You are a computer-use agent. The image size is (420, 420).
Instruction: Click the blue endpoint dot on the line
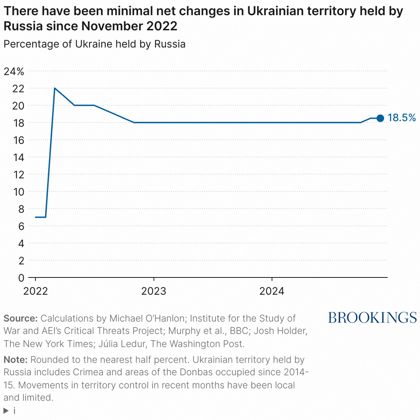click(380, 118)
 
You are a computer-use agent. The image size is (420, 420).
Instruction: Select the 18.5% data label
click(402, 118)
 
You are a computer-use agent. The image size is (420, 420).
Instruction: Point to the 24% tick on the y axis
click(14, 71)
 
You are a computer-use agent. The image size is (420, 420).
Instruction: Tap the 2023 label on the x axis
click(154, 291)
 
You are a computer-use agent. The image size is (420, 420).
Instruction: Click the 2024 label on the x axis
click(272, 291)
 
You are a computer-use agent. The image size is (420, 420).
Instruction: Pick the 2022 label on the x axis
click(35, 291)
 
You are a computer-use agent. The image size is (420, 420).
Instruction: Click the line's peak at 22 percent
click(55, 88)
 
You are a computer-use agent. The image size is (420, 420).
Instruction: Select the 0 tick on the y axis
click(21, 278)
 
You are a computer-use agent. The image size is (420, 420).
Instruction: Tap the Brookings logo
click(372, 318)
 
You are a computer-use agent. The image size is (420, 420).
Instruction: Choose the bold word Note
click(15, 360)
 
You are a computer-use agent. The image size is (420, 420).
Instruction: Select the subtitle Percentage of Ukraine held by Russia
click(94, 44)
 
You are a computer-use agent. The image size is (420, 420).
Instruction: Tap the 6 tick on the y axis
click(21, 226)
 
